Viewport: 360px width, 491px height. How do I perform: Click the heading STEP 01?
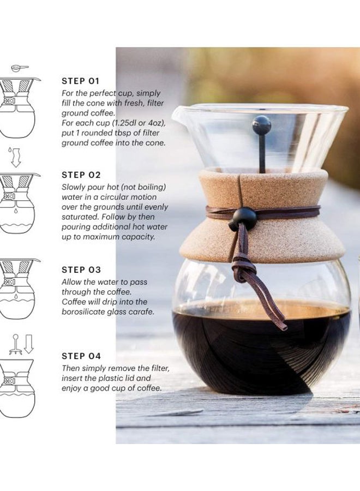[x=81, y=81]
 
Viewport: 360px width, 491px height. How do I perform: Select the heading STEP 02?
[x=81, y=175]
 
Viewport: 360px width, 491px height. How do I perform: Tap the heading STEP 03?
[x=81, y=270]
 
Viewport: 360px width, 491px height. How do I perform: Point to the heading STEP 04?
[x=81, y=356]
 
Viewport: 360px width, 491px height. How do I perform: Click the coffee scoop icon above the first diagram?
[x=20, y=68]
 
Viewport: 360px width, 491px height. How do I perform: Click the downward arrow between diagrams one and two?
[x=16, y=157]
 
